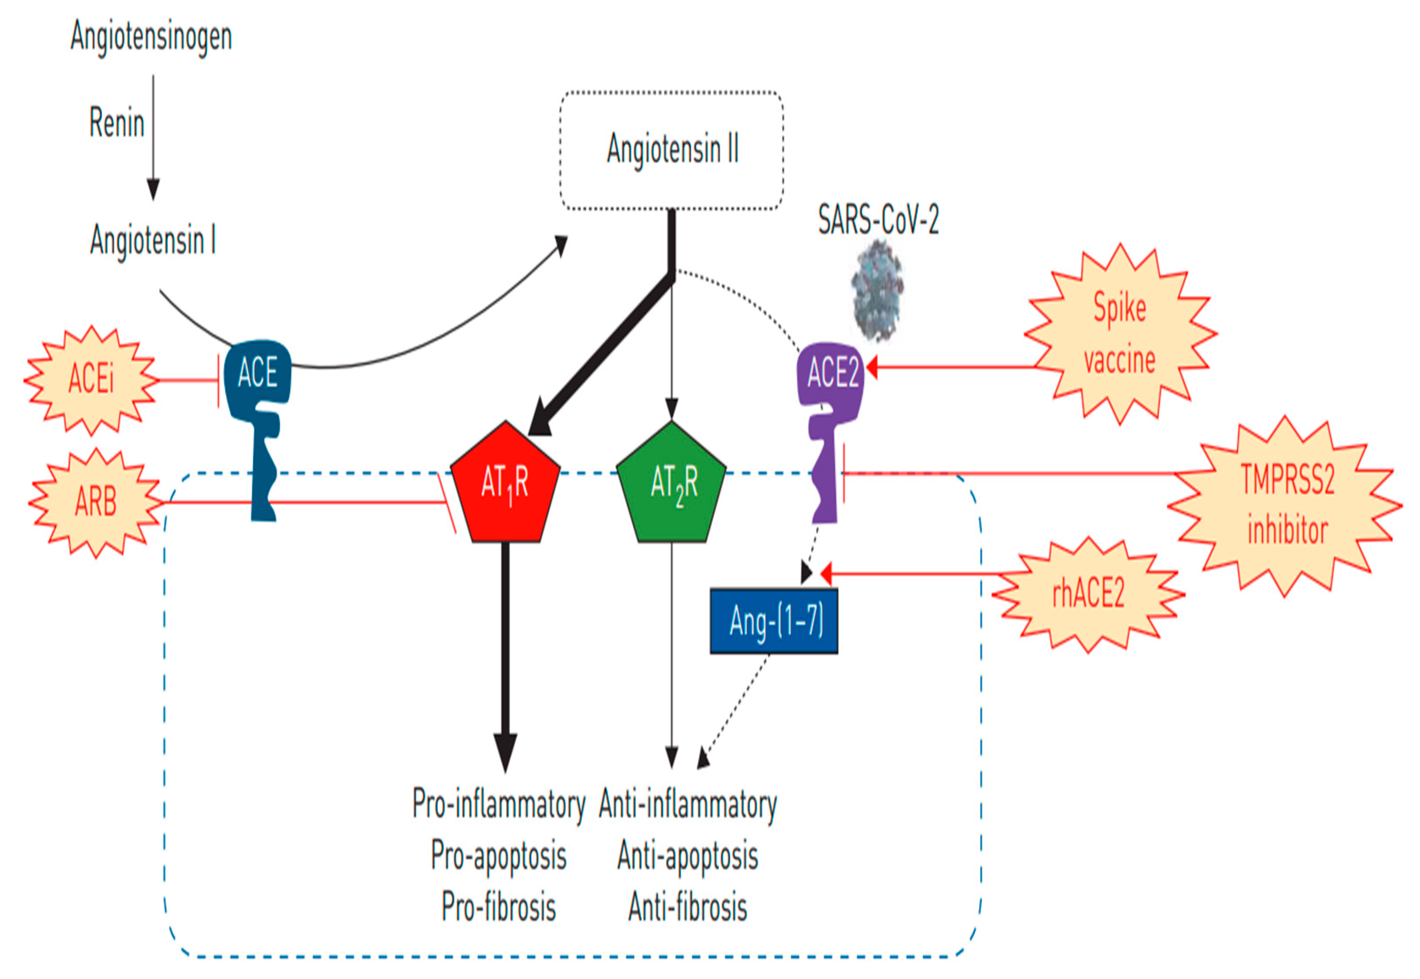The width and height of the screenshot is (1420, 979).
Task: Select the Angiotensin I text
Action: [153, 240]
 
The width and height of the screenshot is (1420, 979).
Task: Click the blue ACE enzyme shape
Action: [258, 429]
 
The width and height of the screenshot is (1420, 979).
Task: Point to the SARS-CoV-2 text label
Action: [879, 219]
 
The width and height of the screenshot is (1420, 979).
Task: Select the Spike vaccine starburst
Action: [1120, 334]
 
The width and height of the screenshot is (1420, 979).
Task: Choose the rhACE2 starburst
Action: [1088, 594]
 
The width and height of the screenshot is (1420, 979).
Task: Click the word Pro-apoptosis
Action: [498, 856]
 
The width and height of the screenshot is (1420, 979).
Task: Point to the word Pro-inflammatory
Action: [498, 804]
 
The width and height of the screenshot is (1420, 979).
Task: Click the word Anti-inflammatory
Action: [688, 804]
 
